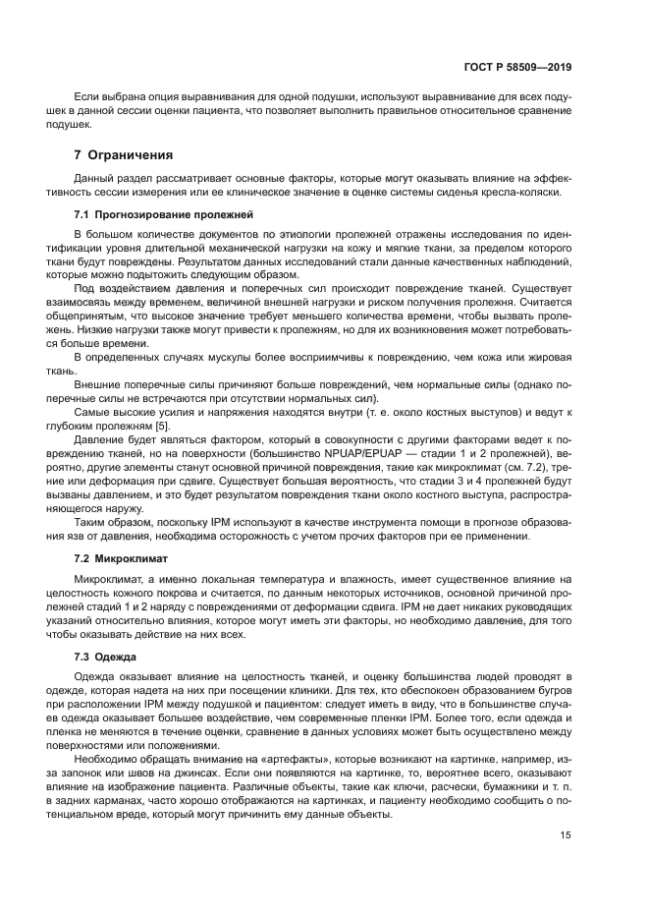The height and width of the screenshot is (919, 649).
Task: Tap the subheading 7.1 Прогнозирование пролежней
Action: click(149, 213)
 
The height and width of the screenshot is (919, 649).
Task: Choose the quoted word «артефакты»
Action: click(231, 761)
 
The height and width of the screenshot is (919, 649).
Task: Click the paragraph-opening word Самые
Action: click(92, 413)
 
